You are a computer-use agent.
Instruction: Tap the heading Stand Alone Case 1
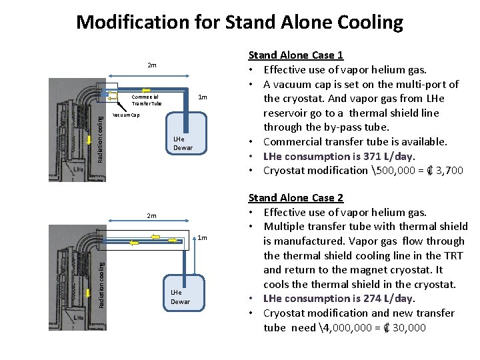click(x=295, y=55)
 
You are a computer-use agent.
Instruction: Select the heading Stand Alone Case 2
click(x=295, y=197)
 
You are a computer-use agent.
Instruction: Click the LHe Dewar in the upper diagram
click(x=182, y=144)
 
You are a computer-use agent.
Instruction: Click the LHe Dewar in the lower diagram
click(x=179, y=297)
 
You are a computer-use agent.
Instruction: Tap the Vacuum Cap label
click(x=126, y=115)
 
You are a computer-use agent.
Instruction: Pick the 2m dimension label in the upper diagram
click(x=152, y=65)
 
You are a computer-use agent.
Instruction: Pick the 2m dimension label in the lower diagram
click(x=152, y=215)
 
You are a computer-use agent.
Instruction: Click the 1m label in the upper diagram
click(x=203, y=99)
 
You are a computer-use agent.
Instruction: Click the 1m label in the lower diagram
click(x=203, y=238)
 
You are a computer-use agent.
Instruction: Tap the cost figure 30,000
click(x=410, y=327)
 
